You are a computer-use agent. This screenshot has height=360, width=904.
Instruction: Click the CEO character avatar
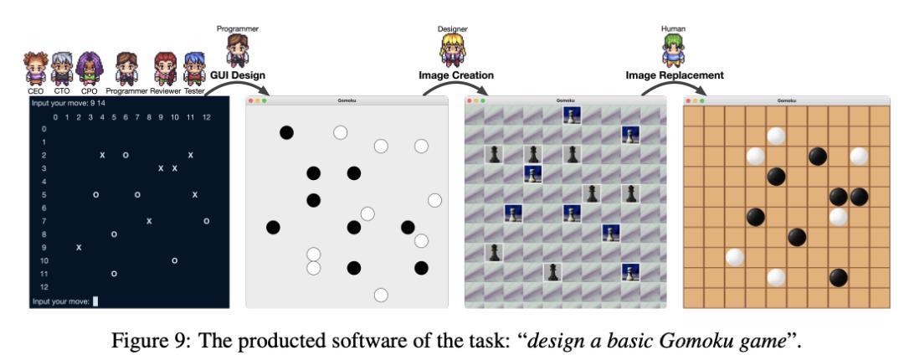coord(36,69)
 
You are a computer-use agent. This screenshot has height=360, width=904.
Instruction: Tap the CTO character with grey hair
coord(62,69)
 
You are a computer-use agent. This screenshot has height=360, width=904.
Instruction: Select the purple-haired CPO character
coord(89,69)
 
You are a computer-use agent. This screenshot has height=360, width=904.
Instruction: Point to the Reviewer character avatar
coord(166,69)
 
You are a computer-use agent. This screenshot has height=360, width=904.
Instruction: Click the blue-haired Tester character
coord(194,69)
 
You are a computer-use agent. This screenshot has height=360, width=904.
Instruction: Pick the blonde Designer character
coord(453,50)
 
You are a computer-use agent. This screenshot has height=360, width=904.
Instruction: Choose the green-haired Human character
coord(673,50)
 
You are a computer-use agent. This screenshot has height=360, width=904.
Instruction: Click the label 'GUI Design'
coord(238,75)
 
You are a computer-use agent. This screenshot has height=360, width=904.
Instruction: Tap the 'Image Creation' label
coord(456,75)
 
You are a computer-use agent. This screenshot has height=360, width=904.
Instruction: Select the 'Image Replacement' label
coord(675,75)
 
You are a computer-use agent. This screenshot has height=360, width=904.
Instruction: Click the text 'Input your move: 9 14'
coord(69,103)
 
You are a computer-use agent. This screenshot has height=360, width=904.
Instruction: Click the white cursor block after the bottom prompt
coord(95,301)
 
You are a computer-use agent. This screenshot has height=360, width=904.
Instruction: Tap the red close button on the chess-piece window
coord(470,101)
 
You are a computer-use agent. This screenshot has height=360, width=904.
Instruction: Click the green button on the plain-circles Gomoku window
coord(264,101)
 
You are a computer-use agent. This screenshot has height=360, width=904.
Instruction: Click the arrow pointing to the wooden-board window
coord(672,85)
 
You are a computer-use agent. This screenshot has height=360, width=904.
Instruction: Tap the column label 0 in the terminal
coord(55,118)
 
